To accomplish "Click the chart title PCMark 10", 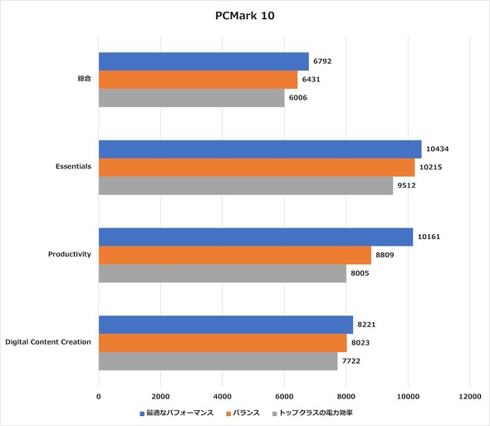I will [x=245, y=15].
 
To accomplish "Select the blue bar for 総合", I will [x=203, y=61].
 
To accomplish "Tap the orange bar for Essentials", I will [x=257, y=167].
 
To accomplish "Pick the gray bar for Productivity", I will [x=223, y=272].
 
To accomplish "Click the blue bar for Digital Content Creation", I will [x=226, y=325].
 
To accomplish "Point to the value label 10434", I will [x=438, y=149].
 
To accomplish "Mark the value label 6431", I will [x=312, y=80].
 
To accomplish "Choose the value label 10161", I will [x=429, y=237].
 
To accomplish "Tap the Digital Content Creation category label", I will [x=48, y=342].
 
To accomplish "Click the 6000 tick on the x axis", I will [x=284, y=396].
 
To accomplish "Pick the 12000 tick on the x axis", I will [x=470, y=396].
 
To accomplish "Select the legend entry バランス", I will [x=246, y=413].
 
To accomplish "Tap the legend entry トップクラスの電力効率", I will [x=316, y=413].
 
